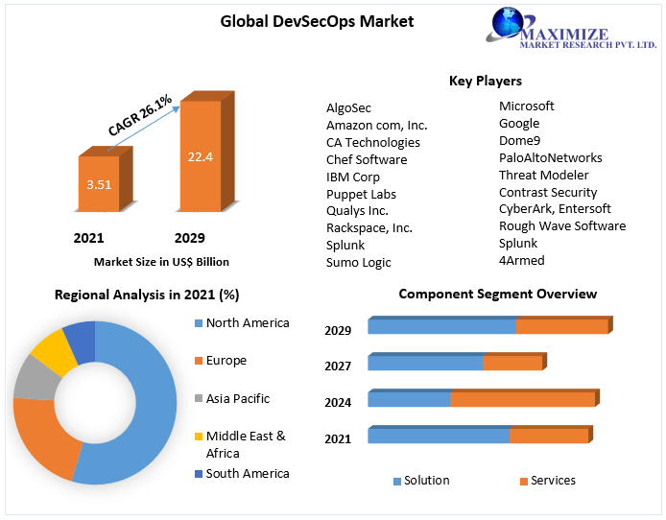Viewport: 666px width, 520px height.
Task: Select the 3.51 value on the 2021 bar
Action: tap(99, 184)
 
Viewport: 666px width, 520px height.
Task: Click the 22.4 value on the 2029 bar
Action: tap(201, 157)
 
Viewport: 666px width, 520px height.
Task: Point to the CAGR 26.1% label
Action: tap(139, 115)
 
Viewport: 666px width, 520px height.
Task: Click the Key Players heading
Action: tap(485, 81)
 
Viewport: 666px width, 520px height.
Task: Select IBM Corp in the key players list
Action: tap(352, 177)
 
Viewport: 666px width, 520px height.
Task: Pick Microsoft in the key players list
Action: tap(526, 106)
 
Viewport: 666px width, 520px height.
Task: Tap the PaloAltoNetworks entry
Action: tap(550, 157)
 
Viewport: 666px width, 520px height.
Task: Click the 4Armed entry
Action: tap(521, 260)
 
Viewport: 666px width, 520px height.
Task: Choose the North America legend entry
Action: tap(247, 323)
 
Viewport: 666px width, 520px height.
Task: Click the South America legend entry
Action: tap(247, 473)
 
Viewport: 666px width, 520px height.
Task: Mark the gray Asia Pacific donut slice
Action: tap(35, 376)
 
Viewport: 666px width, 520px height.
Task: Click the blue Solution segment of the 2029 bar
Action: tap(441, 327)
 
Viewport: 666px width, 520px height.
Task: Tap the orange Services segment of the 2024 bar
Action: tap(523, 399)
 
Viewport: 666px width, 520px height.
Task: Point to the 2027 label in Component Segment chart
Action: tap(338, 366)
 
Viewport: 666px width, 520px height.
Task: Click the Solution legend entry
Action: tap(426, 481)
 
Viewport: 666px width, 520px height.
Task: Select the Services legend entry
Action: tap(553, 481)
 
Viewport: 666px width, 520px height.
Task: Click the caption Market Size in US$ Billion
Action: tap(161, 261)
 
